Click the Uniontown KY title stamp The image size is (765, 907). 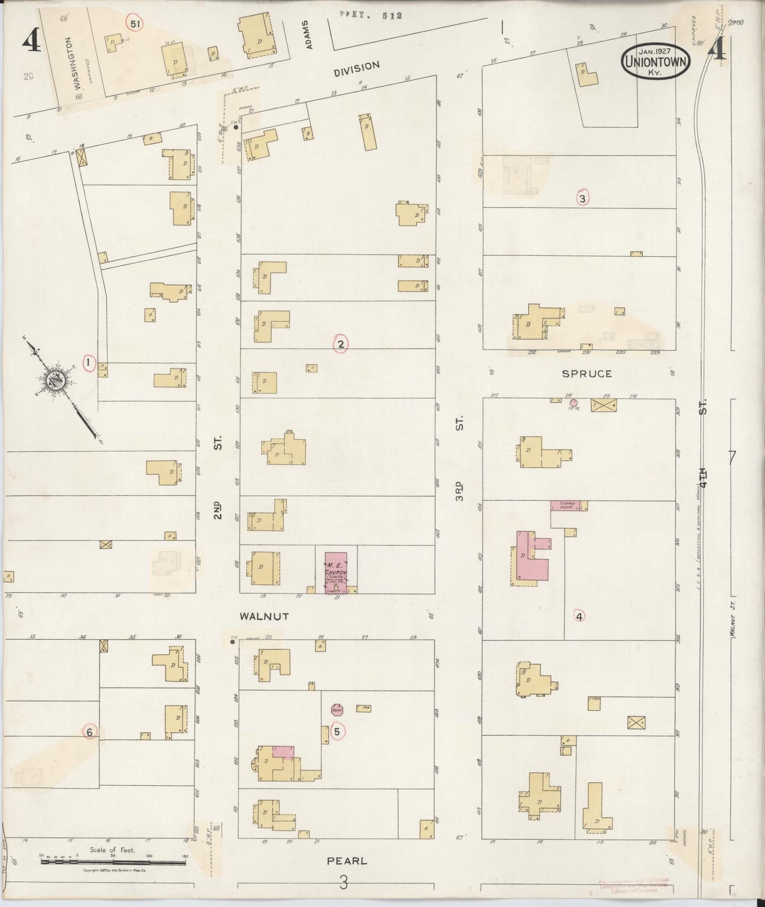point(656,61)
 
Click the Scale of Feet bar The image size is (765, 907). point(113,861)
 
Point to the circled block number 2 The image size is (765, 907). point(340,344)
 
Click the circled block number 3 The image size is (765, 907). point(582,198)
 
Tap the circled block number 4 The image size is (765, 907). point(579,616)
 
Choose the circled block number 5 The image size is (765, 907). point(337,732)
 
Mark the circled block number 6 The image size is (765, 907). point(89,732)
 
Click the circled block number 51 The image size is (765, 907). point(134,24)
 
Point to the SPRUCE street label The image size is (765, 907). point(587,374)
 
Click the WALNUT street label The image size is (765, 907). point(264,616)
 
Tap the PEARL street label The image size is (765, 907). point(347,861)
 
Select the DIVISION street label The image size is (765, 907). point(357,69)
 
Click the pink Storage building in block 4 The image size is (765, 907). point(566,505)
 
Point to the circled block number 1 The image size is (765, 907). point(89,363)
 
